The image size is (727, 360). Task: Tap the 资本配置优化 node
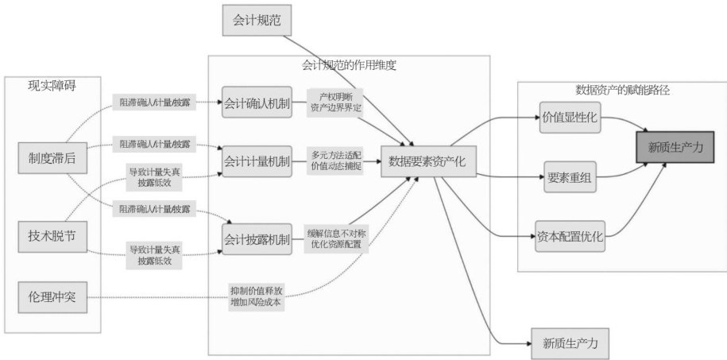[570, 236]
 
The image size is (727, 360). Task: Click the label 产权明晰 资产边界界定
[336, 103]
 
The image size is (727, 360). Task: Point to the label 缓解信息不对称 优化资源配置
[336, 239]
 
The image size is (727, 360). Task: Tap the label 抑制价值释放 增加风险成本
[255, 296]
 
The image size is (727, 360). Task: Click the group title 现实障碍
[52, 84]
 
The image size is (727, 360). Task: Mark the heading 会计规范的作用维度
[350, 65]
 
